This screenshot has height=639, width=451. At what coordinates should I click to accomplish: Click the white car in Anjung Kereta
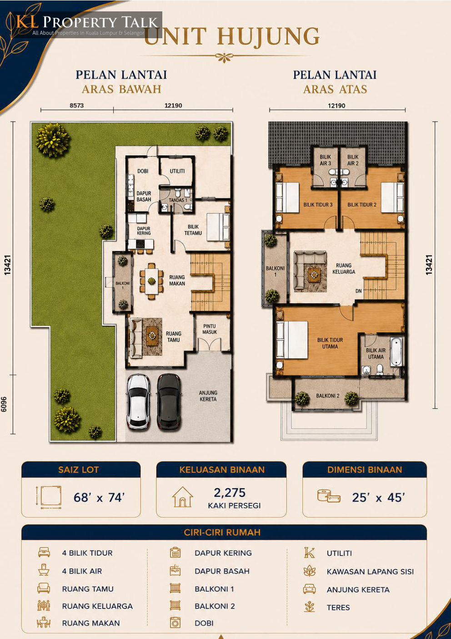[x=138, y=401]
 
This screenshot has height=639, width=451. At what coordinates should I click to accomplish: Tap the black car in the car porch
[x=169, y=401]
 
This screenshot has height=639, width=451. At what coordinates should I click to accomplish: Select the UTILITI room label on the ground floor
[x=177, y=171]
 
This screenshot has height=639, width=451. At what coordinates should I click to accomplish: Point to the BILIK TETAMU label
[x=193, y=230]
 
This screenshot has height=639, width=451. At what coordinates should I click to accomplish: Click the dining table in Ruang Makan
[x=151, y=281]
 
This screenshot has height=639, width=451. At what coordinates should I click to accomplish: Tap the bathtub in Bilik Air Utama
[x=396, y=352]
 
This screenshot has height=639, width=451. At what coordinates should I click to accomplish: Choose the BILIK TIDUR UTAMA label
[x=330, y=343]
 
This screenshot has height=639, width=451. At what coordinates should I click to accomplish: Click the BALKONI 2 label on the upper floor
[x=328, y=396]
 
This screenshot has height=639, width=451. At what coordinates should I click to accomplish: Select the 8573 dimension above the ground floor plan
[x=77, y=105]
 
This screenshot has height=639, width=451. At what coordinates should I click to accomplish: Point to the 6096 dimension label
[x=4, y=404]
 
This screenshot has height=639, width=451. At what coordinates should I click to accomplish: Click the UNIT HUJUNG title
[x=231, y=36]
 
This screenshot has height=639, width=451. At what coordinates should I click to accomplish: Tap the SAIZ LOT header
[x=78, y=470]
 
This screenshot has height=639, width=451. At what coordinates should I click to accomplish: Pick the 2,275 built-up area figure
[x=230, y=492]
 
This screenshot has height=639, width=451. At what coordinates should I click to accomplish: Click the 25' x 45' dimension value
[x=378, y=497]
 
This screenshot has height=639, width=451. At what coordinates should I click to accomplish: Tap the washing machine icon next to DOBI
[x=175, y=623]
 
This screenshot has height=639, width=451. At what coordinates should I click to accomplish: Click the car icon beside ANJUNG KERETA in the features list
[x=310, y=589]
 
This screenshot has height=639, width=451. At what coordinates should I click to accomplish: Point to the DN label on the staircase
[x=359, y=291]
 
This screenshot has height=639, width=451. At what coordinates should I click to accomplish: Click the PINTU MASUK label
[x=210, y=329]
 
